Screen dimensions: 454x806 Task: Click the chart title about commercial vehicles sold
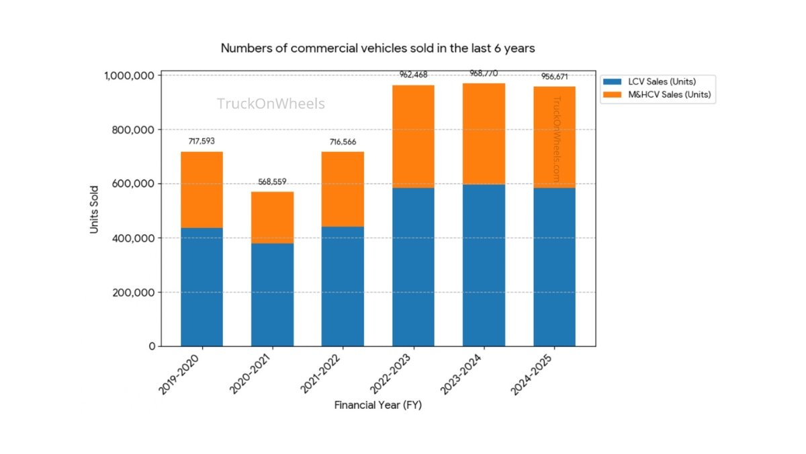pyautogui.click(x=377, y=48)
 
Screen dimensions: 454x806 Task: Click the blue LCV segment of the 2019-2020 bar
pyautogui.click(x=201, y=287)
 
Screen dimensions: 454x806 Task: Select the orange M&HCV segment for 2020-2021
pyautogui.click(x=272, y=217)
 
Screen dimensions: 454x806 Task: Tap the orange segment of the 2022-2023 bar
pyautogui.click(x=413, y=136)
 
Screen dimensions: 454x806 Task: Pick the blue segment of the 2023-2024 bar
pyautogui.click(x=484, y=265)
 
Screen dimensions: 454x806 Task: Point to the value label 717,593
pyautogui.click(x=201, y=141)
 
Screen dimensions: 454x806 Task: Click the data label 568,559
pyautogui.click(x=272, y=182)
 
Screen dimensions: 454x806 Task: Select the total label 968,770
pyautogui.click(x=484, y=73)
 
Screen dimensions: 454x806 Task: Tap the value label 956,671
pyautogui.click(x=554, y=77)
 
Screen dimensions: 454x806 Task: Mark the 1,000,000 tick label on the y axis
pyautogui.click(x=128, y=75)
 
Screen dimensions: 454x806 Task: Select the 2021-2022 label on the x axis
pyautogui.click(x=322, y=374)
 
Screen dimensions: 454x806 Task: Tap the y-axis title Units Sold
pyautogui.click(x=95, y=210)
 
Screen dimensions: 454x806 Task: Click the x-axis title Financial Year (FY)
pyautogui.click(x=377, y=406)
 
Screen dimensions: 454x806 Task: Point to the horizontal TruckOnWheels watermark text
pyautogui.click(x=271, y=104)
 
